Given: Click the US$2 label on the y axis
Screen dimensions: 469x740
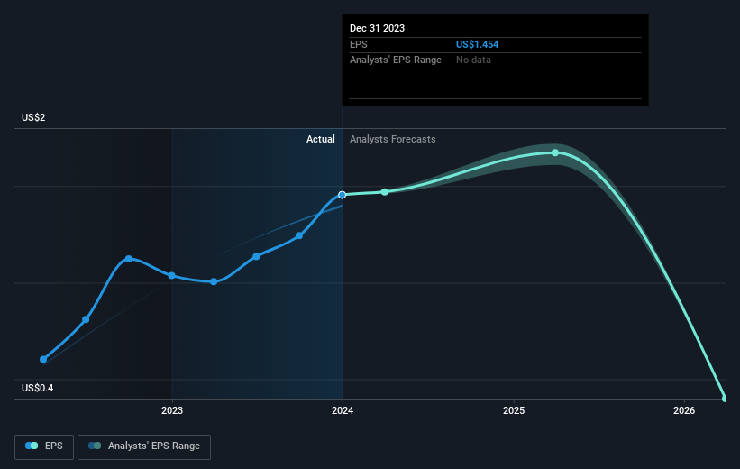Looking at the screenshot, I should point(35,118).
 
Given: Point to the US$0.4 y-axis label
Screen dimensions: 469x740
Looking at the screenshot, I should point(39,389).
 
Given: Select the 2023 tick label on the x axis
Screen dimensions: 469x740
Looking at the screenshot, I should point(171,410).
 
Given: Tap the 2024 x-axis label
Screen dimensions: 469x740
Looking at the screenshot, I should point(343,410).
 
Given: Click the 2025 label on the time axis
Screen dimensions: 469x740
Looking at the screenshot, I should point(514,410).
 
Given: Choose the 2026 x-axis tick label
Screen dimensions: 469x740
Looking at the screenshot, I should point(684,410).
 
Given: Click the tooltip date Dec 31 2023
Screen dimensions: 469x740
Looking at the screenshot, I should point(377,28).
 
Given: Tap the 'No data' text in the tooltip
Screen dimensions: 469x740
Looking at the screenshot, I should point(473,60).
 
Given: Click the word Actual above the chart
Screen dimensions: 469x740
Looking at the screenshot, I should point(320,139).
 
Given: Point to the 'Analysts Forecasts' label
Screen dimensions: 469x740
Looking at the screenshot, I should point(392,139).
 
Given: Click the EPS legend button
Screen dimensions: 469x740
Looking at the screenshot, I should point(44,446).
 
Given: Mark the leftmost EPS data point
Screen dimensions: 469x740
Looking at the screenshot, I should point(43,359).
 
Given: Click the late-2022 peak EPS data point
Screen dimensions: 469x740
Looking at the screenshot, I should point(129,259).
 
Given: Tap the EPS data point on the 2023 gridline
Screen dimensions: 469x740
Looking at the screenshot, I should point(171,276).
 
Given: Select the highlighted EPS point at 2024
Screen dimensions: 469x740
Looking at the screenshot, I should point(343,195).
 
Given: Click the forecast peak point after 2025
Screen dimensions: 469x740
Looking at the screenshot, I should point(555,152).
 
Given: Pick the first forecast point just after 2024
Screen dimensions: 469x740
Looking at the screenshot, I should point(385,192).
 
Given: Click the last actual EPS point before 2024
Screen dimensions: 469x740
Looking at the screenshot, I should point(299,236).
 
